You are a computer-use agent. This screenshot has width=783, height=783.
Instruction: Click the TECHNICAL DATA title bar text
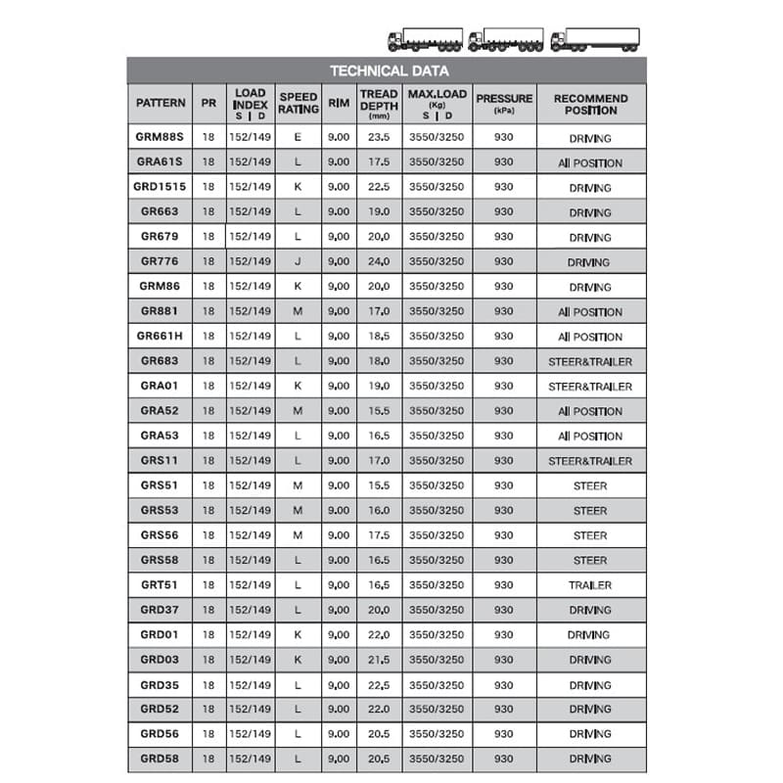point(389,70)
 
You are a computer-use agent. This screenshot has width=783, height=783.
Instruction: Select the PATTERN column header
point(161,103)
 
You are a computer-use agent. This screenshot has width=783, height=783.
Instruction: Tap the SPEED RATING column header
point(299,103)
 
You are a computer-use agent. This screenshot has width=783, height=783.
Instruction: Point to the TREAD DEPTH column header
point(378,103)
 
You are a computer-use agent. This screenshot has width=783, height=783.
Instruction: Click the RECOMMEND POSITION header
point(590,103)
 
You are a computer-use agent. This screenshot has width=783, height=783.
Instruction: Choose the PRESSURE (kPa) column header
point(504,103)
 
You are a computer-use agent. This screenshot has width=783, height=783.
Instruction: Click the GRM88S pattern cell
point(161,138)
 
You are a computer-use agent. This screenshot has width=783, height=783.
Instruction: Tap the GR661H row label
point(161,337)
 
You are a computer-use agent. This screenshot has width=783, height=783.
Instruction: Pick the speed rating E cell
point(298,138)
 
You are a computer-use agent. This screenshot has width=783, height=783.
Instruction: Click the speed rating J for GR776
point(298,262)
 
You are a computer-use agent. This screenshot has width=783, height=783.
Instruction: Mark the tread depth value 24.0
point(378,262)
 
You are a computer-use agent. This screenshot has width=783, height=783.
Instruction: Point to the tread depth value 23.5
point(378,138)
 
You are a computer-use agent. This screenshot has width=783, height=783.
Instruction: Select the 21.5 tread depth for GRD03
point(378,660)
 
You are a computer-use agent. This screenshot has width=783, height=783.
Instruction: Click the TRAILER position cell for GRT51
point(590,585)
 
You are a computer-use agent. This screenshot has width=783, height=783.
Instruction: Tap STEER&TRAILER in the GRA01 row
point(590,387)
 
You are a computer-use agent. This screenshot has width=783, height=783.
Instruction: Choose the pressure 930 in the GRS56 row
point(504,535)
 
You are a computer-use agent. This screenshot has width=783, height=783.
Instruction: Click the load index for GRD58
point(250,759)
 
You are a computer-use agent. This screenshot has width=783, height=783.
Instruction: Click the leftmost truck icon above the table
point(425,39)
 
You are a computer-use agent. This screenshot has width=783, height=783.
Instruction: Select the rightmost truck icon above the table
point(595,39)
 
